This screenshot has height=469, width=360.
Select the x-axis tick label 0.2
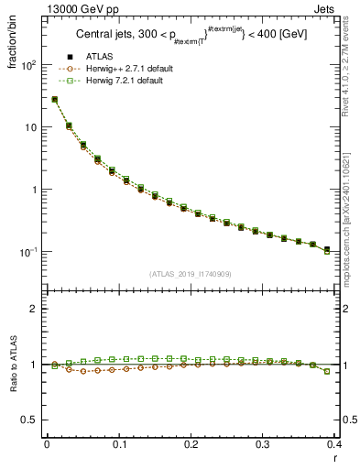(x=191, y=446)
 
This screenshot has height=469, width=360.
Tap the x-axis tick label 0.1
(x=119, y=446)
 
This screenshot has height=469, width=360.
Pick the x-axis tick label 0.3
(x=263, y=446)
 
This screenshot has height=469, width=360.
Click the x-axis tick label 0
(x=48, y=446)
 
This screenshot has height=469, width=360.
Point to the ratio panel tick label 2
(x=34, y=310)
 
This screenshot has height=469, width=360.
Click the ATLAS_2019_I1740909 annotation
(x=191, y=274)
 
